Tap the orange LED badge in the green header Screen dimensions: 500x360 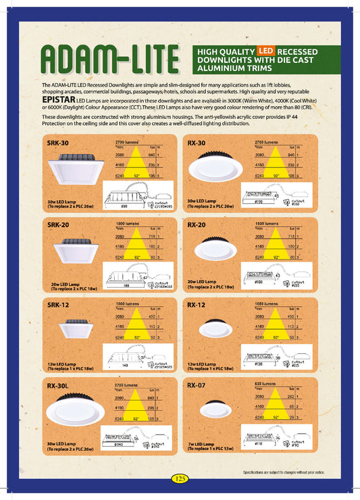(x=265, y=51)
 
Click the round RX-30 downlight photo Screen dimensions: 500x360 (x=215, y=168)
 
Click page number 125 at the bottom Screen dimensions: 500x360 (x=180, y=478)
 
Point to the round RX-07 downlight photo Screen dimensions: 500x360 (x=215, y=409)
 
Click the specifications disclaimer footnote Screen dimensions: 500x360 (x=288, y=471)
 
